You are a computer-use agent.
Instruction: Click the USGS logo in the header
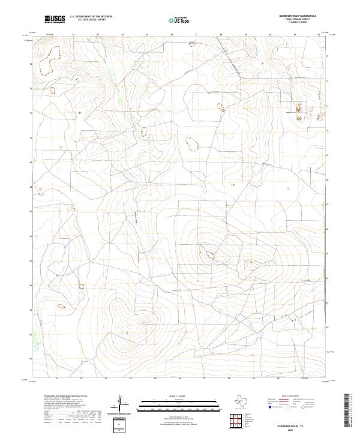tap(55, 19)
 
